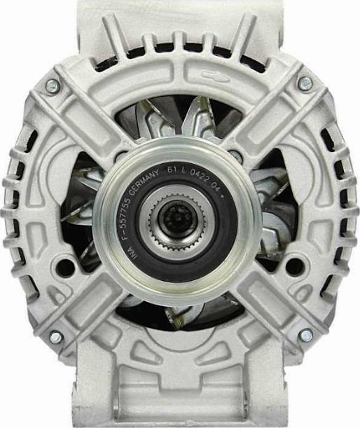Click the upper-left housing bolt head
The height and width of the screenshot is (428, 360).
click(x=52, y=86)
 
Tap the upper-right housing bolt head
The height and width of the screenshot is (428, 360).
click(x=304, y=84)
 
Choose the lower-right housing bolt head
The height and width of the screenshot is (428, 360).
click(x=305, y=336)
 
